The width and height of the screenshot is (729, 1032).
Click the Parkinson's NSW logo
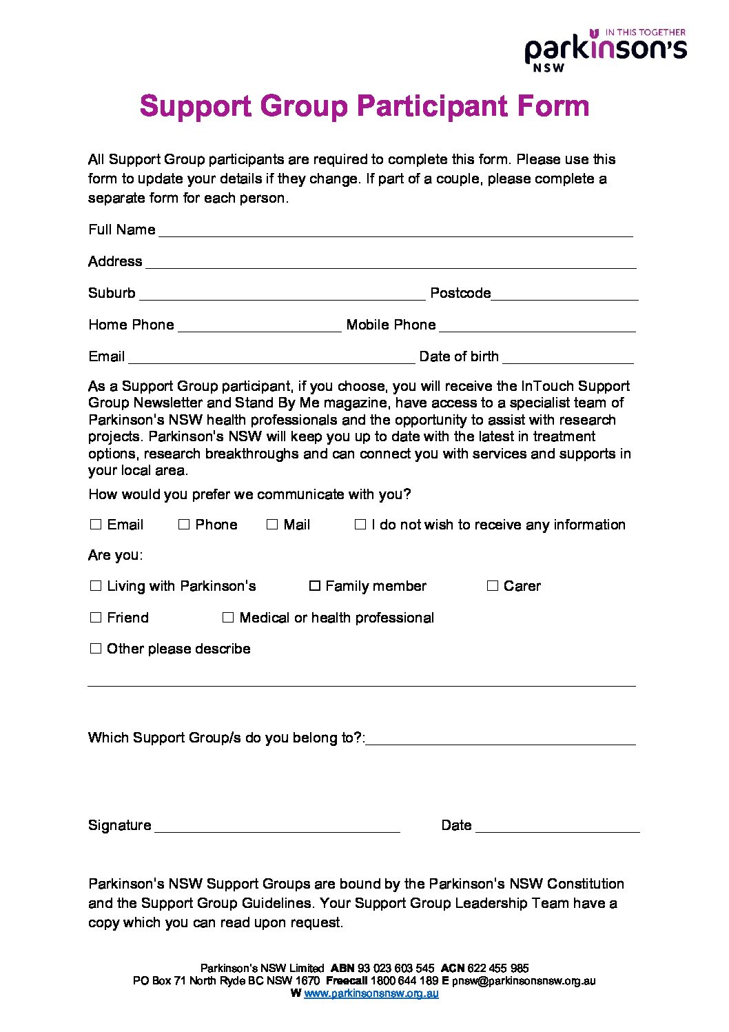point(605,50)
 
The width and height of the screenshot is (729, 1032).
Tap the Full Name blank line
point(396,232)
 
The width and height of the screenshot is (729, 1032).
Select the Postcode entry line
point(564,294)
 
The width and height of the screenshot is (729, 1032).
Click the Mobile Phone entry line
point(537,326)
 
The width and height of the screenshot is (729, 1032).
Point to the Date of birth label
point(459,356)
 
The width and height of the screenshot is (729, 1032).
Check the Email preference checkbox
point(96,525)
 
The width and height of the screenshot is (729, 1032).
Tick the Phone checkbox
point(184,525)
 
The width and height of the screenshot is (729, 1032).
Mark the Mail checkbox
point(272,525)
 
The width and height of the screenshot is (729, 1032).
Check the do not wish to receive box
point(360,525)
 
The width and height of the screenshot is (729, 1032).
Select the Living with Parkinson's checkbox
point(96,586)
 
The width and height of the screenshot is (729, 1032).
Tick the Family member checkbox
point(315,586)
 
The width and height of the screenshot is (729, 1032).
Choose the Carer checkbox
point(493,586)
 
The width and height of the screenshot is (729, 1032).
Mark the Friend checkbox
point(96,618)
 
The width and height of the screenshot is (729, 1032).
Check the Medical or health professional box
point(228,618)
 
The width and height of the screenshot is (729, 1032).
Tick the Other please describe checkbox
point(96,649)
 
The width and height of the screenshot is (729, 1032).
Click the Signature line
point(277,827)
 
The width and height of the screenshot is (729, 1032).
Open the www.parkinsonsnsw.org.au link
point(371,993)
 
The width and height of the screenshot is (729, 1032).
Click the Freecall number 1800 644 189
point(404,981)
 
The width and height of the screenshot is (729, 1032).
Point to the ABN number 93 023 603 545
point(396,969)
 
